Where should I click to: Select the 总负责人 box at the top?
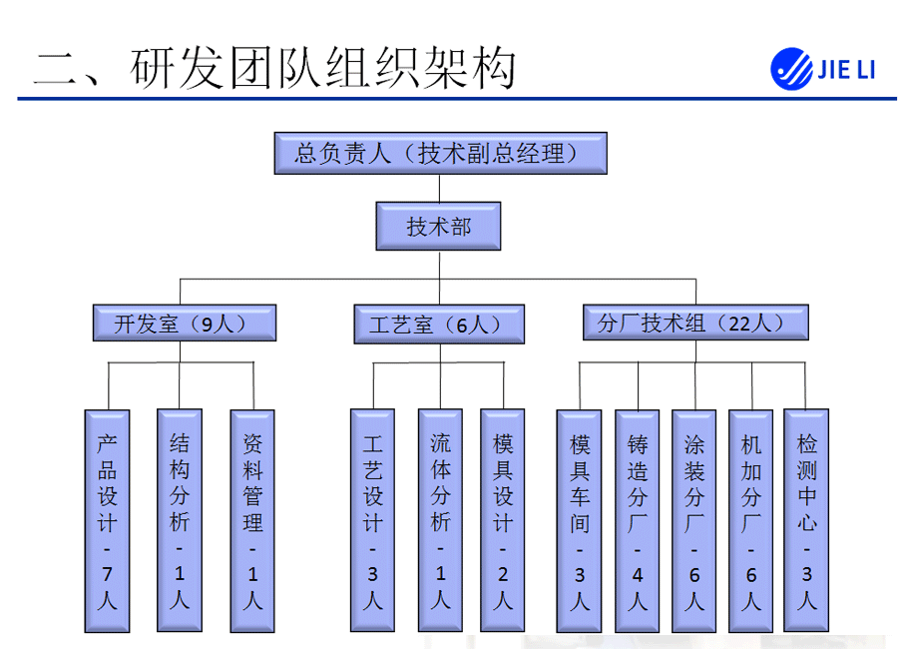439,154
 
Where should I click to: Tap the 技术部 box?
438,228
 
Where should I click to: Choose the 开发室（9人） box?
184,324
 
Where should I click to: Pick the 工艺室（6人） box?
439,324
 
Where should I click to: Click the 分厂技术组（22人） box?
694,324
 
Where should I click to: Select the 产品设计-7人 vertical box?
108,520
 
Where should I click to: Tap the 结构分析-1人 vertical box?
180,520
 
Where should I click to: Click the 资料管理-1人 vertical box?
253,520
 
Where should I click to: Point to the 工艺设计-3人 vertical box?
373,520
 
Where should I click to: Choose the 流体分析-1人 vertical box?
440,520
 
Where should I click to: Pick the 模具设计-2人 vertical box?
503,520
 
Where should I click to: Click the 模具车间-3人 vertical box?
581,520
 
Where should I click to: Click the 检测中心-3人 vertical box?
808,520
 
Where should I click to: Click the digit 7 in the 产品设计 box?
108,574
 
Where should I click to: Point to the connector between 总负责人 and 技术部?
439,188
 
